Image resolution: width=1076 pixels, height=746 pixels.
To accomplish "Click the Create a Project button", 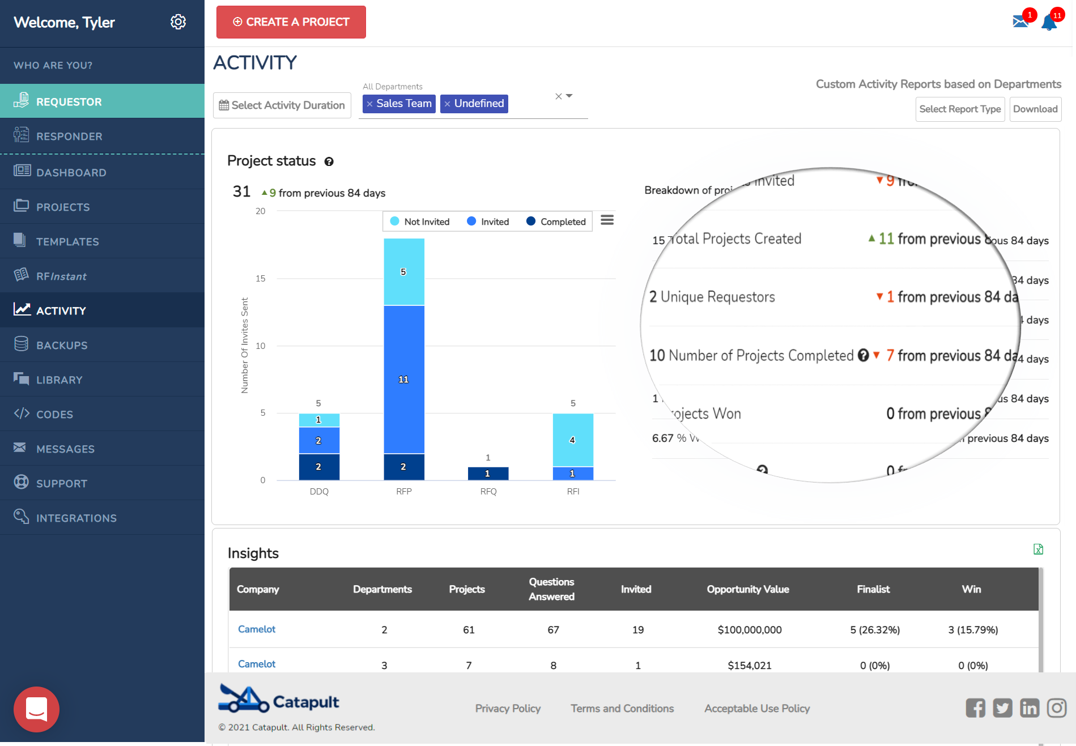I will coord(291,22).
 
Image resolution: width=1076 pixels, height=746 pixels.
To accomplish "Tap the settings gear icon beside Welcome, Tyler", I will coord(178,22).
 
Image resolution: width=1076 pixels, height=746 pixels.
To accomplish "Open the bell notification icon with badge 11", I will coord(1049,23).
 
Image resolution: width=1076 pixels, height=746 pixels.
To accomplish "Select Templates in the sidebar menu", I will coord(67,242).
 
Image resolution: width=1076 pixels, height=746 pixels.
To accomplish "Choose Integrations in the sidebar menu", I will coord(76,518).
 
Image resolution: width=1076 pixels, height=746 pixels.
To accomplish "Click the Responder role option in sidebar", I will coord(69,137).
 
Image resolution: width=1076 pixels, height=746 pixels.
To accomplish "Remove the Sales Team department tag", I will coord(369,104).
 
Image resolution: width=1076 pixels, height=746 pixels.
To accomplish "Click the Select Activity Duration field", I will coord(282,105).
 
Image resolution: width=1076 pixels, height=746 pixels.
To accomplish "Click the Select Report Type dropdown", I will coord(959,109).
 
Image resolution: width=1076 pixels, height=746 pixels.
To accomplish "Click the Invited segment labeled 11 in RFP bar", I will coord(403,380).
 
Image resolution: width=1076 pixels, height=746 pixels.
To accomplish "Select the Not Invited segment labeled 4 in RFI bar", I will coord(572,440).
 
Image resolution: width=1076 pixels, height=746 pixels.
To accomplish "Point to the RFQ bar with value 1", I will coord(488,474).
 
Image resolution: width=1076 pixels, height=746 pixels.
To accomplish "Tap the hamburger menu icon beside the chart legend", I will coord(607,220).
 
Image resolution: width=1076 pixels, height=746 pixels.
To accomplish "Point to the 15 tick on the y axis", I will coord(261,279).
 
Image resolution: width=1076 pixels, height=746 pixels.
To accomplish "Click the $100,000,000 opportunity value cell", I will coord(749,630).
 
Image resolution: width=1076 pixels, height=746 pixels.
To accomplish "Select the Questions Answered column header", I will coord(551,589).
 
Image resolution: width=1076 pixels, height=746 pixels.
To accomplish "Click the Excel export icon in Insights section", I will coord(1038,549).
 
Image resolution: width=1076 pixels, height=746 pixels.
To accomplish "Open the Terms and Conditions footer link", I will coord(622,709).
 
